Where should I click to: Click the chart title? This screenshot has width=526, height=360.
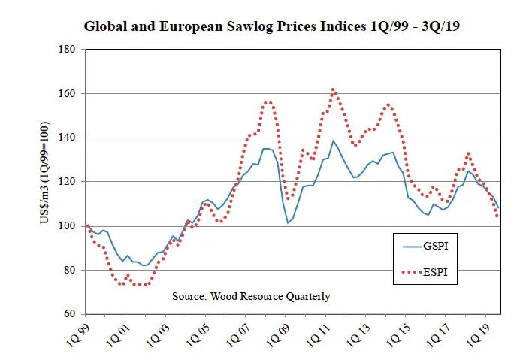[x=271, y=26]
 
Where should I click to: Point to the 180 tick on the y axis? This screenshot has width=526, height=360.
[x=67, y=50]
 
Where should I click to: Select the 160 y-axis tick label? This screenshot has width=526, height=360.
[x=67, y=93]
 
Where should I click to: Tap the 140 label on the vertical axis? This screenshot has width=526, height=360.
[x=67, y=138]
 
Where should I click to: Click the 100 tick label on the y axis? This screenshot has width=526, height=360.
[x=67, y=225]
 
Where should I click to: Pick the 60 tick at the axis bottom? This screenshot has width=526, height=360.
[x=70, y=313]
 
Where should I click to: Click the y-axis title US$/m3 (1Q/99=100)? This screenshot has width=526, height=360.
[x=44, y=173]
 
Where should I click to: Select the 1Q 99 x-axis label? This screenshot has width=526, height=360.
[x=78, y=335]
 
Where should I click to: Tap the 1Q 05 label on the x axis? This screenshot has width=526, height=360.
[x=198, y=335]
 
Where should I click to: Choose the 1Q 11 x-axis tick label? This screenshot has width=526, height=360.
[x=319, y=335]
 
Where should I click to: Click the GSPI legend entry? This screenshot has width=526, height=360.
[x=425, y=246]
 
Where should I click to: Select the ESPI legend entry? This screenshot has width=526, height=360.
[x=425, y=272]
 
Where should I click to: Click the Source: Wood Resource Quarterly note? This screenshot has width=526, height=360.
[x=251, y=296]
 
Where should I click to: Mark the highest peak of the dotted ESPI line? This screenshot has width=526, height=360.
[x=333, y=89]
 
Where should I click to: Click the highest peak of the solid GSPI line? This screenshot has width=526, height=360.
[x=333, y=141]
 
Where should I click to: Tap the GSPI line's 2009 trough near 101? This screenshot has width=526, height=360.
[x=288, y=222]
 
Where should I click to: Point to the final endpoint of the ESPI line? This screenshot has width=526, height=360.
[x=497, y=216]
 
